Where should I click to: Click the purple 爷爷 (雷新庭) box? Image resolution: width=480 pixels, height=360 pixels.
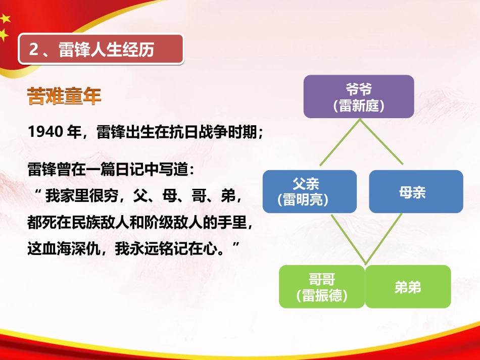point(359,96)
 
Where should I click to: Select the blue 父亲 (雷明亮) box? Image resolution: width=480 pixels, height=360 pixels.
point(309,191)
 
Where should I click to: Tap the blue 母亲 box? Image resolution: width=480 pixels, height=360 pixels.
point(415,191)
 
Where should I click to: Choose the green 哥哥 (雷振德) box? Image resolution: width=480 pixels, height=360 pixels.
point(322,287)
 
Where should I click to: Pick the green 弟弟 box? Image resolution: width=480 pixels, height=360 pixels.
point(408,287)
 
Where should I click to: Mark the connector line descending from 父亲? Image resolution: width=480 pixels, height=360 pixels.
point(347,238)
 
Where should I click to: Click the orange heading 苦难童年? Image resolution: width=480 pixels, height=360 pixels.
point(64,96)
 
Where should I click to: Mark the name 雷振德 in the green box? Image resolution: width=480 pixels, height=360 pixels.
point(322,295)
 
